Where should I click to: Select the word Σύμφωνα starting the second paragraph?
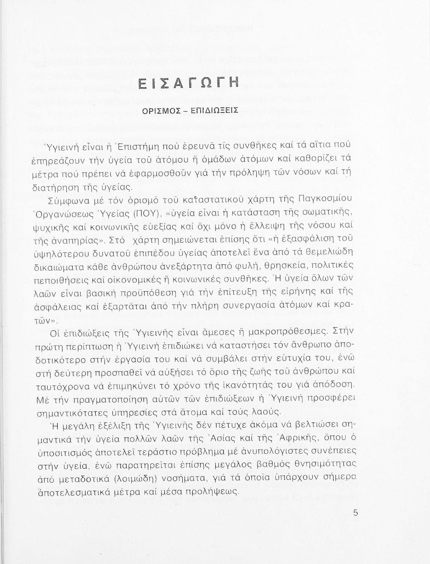click(68, 200)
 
